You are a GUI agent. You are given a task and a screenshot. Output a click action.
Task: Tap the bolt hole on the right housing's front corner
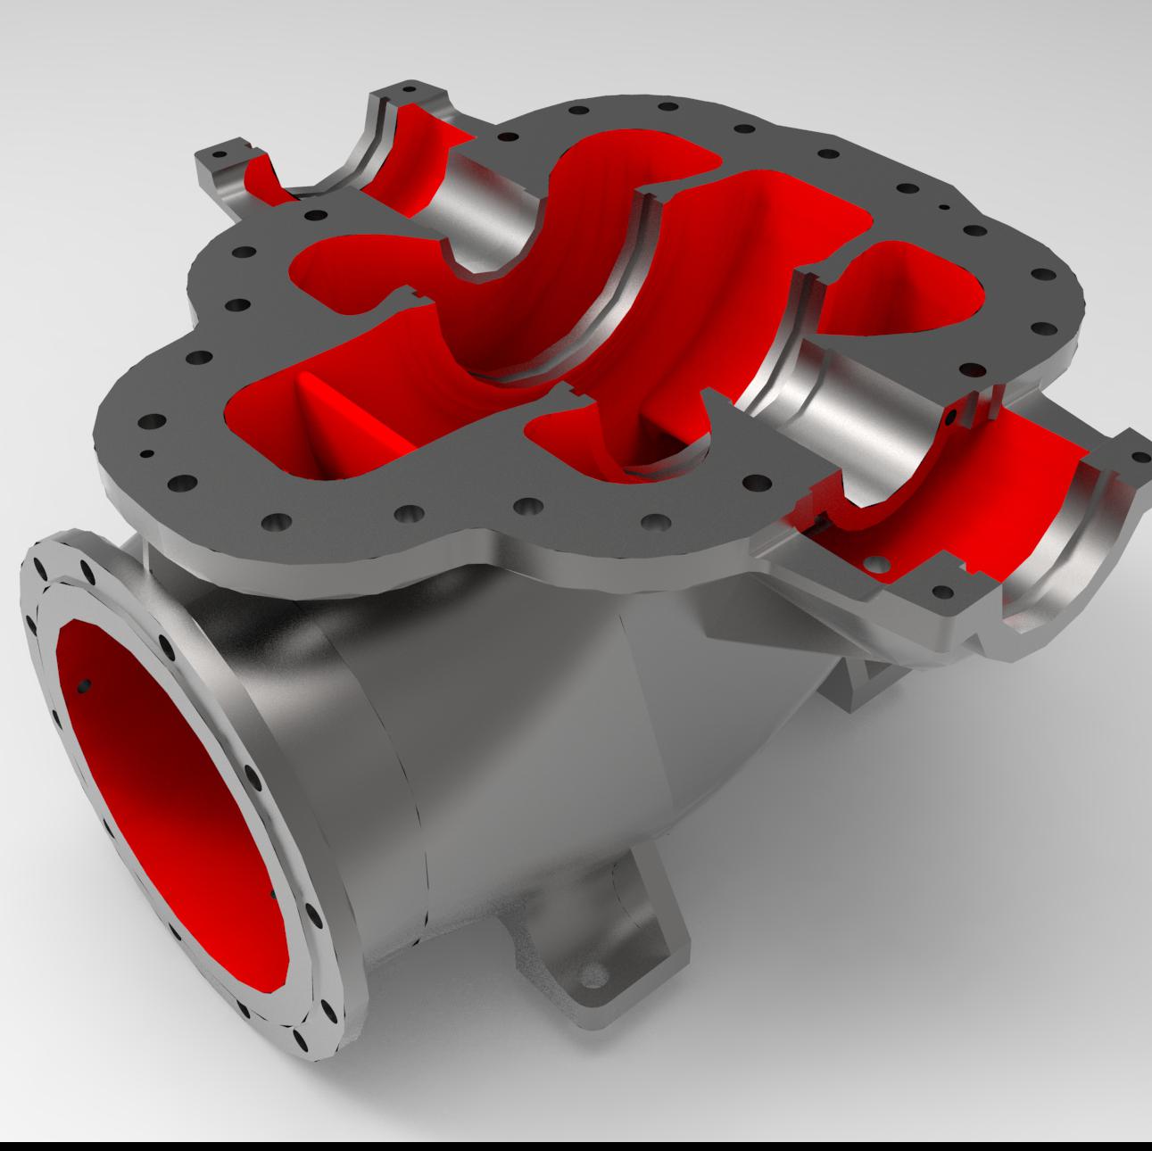click(940, 591)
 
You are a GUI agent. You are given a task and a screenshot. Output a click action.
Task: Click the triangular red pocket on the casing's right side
click(901, 294)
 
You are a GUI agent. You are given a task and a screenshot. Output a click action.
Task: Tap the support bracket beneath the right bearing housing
click(857, 678)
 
